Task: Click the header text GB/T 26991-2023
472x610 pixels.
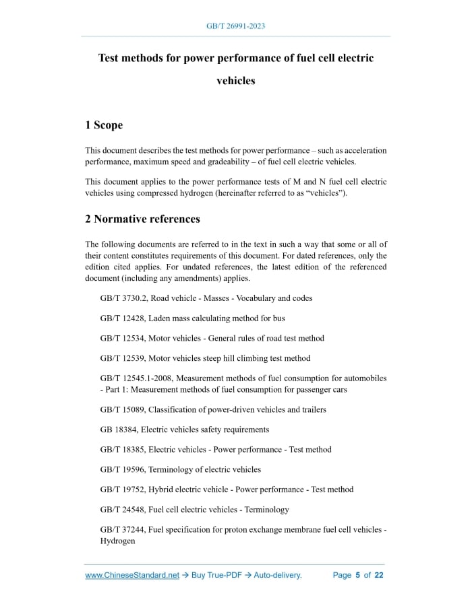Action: tap(235, 26)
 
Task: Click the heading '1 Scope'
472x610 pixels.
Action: tap(104, 125)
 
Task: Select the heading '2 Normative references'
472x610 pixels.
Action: tap(142, 219)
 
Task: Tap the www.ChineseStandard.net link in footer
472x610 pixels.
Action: tap(132, 575)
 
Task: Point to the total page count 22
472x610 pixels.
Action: tap(379, 575)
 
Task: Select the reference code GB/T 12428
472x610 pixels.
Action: tap(122, 318)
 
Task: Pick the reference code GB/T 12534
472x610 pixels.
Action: tap(122, 338)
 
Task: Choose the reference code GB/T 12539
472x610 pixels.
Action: tap(122, 358)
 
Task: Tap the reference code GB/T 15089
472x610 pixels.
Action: tap(122, 409)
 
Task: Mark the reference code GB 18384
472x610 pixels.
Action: tap(117, 430)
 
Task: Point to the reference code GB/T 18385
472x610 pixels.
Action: tap(122, 450)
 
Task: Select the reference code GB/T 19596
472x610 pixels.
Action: tap(122, 469)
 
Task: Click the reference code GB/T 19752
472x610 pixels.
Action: tap(122, 489)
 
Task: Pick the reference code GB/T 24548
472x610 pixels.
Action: tap(122, 510)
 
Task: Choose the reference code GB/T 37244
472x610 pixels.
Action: tap(122, 530)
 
